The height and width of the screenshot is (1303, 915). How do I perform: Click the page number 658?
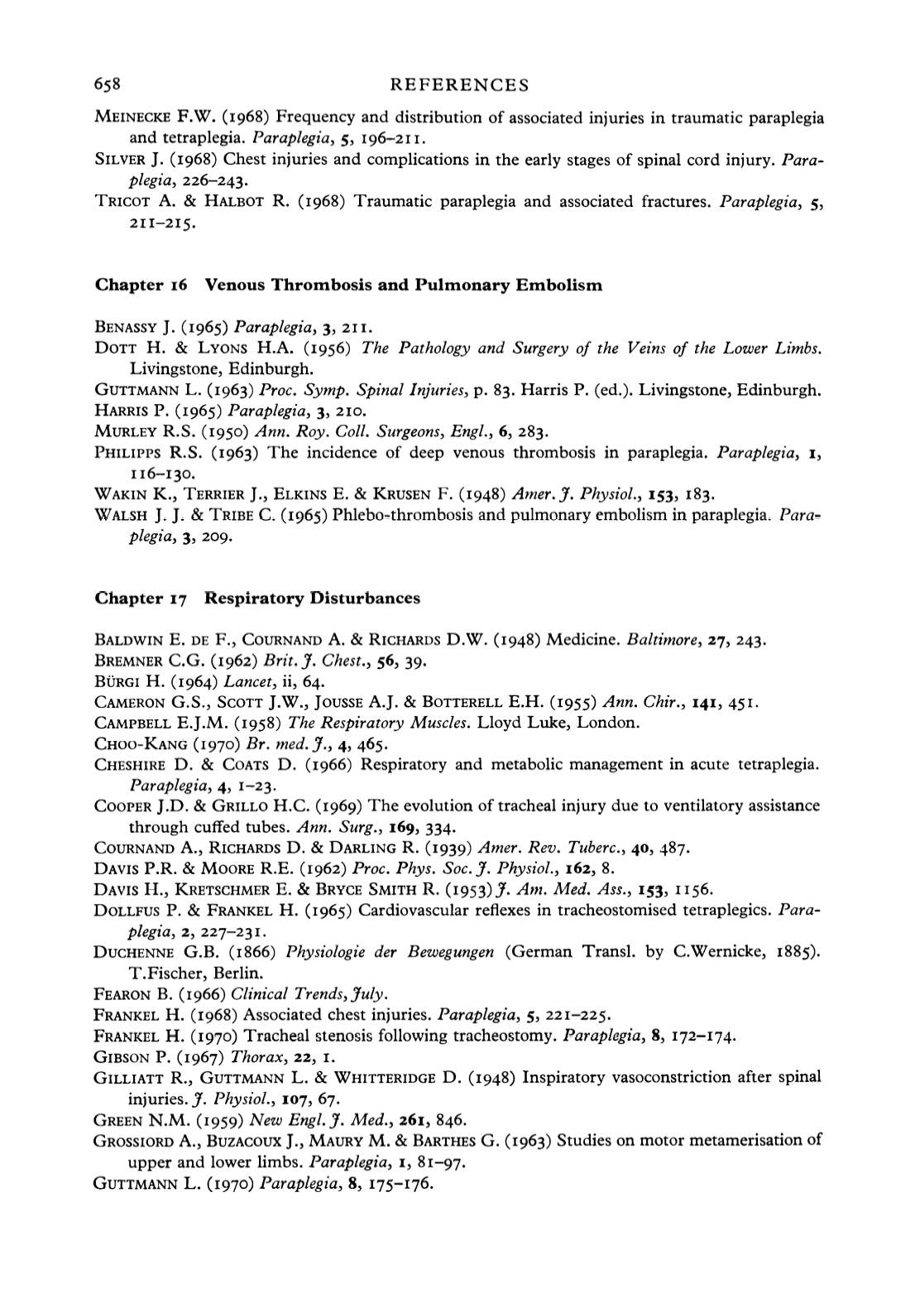pyautogui.click(x=108, y=84)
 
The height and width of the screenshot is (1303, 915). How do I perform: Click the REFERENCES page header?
pyautogui.click(x=458, y=84)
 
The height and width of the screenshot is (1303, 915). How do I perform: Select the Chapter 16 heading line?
pyautogui.click(x=349, y=286)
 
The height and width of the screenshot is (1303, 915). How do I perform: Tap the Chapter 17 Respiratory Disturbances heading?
pyautogui.click(x=257, y=598)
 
